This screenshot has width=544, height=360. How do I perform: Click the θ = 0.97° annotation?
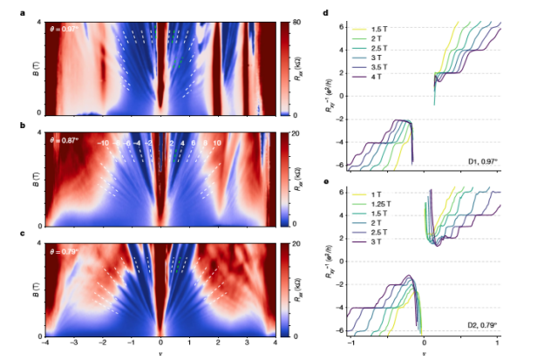coord(64,28)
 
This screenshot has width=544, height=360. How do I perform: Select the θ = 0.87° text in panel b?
coord(64,141)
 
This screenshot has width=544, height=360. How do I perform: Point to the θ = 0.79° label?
coord(64,251)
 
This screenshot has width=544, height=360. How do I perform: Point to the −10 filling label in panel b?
coord(103,142)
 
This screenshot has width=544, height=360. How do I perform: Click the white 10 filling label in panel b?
coord(217,142)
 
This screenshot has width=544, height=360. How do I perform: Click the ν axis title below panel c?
coord(160,354)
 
